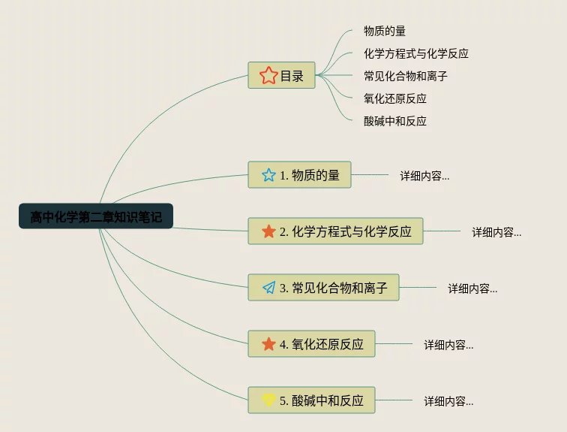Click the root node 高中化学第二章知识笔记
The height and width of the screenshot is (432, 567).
96,216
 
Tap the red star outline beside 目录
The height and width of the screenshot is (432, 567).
268,75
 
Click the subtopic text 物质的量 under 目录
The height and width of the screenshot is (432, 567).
385,31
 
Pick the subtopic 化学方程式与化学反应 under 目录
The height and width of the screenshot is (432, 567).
415,53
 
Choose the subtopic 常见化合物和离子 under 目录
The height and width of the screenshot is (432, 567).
405,76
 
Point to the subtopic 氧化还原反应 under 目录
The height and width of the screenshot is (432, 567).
394,98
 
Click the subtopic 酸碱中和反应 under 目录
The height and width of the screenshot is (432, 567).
394,121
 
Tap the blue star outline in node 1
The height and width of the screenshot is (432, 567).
268,175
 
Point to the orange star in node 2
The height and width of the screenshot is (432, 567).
268,231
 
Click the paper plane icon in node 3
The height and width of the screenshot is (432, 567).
268,288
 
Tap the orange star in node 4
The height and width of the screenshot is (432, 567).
268,344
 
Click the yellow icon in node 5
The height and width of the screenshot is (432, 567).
268,400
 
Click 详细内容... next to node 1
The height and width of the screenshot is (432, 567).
424,176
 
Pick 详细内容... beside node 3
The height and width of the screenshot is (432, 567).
472,289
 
